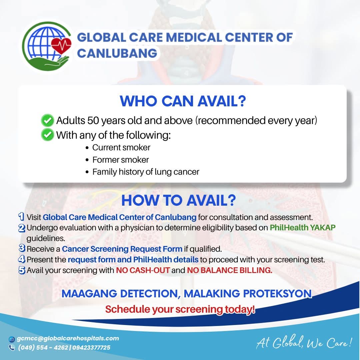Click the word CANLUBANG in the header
[x=117, y=53]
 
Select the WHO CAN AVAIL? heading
[x=183, y=101]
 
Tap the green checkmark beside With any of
[x=48, y=135]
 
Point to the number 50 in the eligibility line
[x=93, y=121]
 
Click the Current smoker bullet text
[x=121, y=147]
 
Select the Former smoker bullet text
[x=121, y=160]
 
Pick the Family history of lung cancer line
[x=146, y=172]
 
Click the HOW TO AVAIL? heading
[x=179, y=200]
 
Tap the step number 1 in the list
[x=21, y=217]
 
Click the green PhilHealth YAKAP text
[x=303, y=228]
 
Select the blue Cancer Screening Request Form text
[x=122, y=249]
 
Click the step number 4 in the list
[x=21, y=259]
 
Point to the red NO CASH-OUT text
[x=143, y=270]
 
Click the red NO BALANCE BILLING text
[x=230, y=270]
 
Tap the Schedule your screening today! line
[x=180, y=309]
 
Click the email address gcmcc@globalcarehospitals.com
[x=68, y=338]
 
